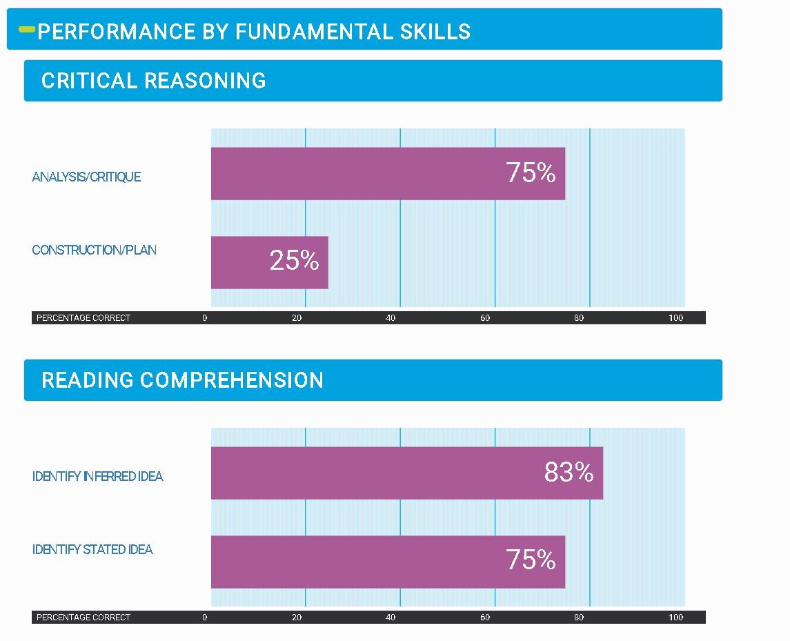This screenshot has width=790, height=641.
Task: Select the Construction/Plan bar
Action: click(x=262, y=262)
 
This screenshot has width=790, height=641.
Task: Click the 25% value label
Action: click(x=294, y=261)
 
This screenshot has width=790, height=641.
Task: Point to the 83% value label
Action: click(x=569, y=472)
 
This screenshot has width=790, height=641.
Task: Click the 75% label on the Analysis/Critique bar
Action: click(x=531, y=172)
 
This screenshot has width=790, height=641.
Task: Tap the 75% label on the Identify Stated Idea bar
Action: click(x=531, y=560)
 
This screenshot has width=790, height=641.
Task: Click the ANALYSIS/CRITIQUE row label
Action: click(x=86, y=177)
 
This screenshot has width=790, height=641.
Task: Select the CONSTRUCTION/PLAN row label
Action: click(x=94, y=250)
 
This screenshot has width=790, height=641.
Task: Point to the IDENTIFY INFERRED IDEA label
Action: click(x=97, y=476)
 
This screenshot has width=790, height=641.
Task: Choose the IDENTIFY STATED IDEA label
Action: click(x=92, y=550)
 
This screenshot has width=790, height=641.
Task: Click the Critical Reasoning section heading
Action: click(x=153, y=81)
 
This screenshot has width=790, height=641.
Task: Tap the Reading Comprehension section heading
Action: click(x=182, y=380)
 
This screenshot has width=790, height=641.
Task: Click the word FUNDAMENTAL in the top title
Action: click(x=314, y=32)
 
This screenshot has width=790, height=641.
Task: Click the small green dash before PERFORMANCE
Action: click(x=27, y=30)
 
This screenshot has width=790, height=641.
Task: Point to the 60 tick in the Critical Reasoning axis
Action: click(x=485, y=318)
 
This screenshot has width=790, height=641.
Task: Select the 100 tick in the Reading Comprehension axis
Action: click(x=675, y=618)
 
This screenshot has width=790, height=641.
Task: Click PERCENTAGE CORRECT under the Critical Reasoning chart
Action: click(x=83, y=318)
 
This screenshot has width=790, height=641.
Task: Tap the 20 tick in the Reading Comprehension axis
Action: click(x=297, y=618)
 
